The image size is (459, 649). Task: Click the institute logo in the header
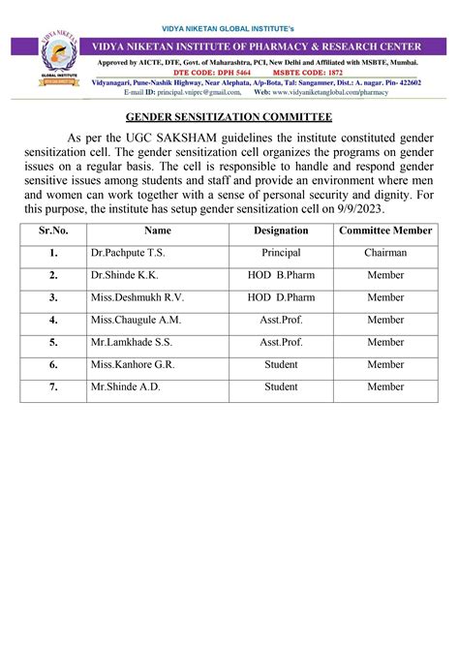[x=59, y=60]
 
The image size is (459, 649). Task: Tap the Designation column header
[x=281, y=231]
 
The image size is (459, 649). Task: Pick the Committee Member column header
[x=385, y=231]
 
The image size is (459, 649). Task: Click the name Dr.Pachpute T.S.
[x=123, y=253]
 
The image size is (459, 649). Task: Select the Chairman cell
[x=385, y=253]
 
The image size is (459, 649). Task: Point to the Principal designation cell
[x=281, y=253]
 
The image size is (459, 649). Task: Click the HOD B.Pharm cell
[x=281, y=275]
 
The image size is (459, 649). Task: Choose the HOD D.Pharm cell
[x=281, y=297]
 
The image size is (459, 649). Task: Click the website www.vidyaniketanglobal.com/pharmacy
[x=329, y=92]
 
